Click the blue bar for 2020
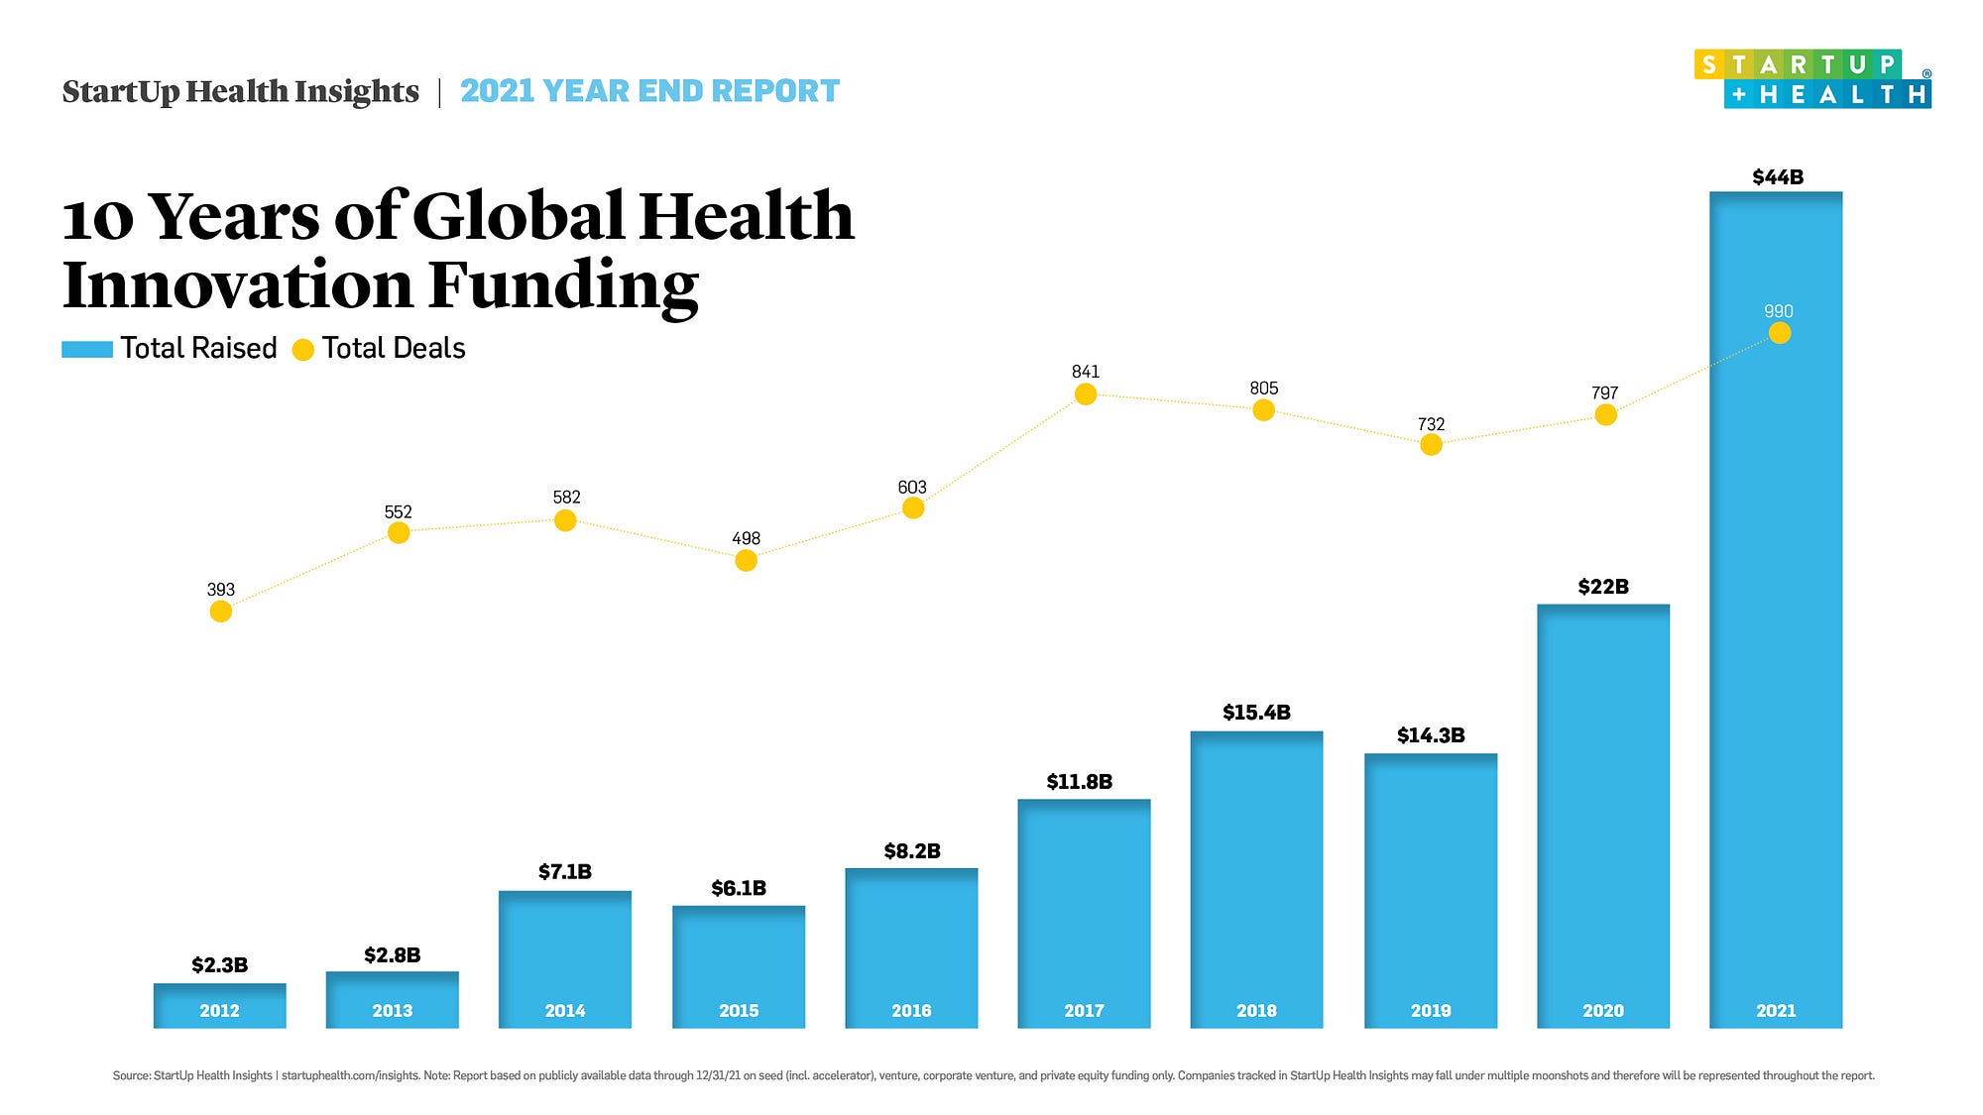(1603, 813)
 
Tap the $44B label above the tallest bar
(1778, 177)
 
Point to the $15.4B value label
(1256, 713)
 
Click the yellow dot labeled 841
(1086, 394)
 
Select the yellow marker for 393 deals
(221, 612)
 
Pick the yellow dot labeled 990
(1780, 333)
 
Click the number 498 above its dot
(746, 538)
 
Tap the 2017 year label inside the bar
(1084, 1011)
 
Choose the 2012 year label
(219, 1011)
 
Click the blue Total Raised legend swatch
(87, 349)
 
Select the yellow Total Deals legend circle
(303, 349)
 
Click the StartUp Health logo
(1812, 79)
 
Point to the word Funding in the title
(563, 285)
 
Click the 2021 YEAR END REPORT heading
(649, 91)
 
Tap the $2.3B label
(219, 965)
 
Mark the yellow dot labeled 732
(1431, 445)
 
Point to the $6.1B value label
(739, 888)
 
